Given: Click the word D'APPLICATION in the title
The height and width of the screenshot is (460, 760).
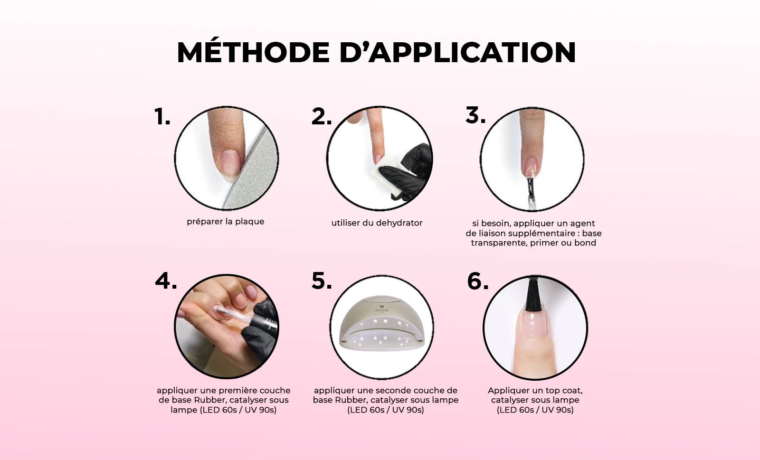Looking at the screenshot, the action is click(458, 52).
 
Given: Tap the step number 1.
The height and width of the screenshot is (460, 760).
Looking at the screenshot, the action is click(162, 116).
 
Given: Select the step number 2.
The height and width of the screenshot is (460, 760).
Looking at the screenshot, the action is click(321, 116).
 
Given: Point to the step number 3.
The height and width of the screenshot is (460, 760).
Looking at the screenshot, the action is click(475, 114).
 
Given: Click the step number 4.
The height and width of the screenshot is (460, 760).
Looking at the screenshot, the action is click(166, 281).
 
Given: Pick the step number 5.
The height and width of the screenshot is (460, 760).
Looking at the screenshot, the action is click(321, 281).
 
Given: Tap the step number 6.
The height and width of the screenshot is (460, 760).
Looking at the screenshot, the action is click(478, 281).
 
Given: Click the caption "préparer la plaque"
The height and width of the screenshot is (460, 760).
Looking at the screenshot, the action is click(225, 222).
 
